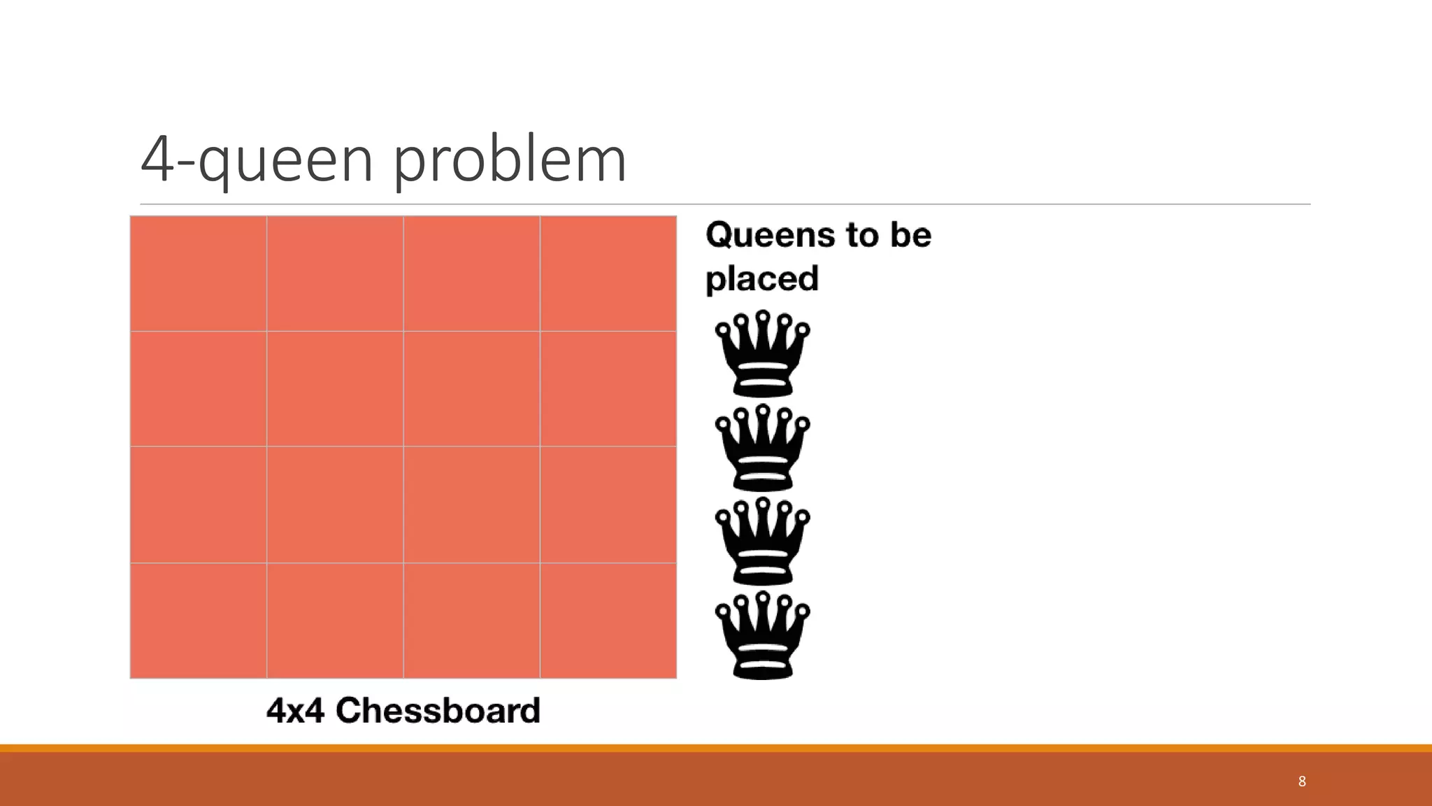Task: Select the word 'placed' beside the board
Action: pyautogui.click(x=761, y=278)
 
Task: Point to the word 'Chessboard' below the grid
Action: pyautogui.click(x=438, y=710)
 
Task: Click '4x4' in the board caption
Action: pyautogui.click(x=295, y=710)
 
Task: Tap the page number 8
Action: pyautogui.click(x=1301, y=782)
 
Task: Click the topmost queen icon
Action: pyautogui.click(x=762, y=353)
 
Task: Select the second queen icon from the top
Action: pyautogui.click(x=762, y=447)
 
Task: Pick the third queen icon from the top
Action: pyautogui.click(x=762, y=541)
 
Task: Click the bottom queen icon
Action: pyautogui.click(x=762, y=635)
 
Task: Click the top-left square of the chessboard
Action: pyautogui.click(x=199, y=274)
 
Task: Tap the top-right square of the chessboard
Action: pyautogui.click(x=608, y=274)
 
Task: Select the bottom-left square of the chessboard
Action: pyautogui.click(x=199, y=621)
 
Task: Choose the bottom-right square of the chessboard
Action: pyautogui.click(x=608, y=621)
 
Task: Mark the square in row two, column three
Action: pyautogui.click(x=472, y=389)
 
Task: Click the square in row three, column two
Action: pyautogui.click(x=335, y=504)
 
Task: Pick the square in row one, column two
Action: pyautogui.click(x=335, y=274)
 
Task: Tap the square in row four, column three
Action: pyautogui.click(x=472, y=621)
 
